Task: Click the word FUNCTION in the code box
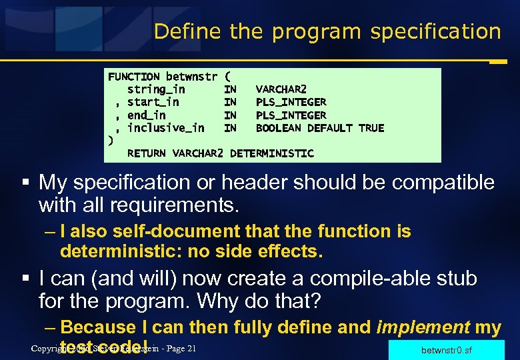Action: click(x=134, y=77)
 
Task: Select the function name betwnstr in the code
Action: click(x=191, y=77)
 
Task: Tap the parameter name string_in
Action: click(x=156, y=89)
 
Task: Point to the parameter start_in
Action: click(x=153, y=102)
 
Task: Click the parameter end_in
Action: click(x=146, y=115)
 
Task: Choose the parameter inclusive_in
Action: click(x=165, y=128)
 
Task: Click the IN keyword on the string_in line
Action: click(x=230, y=89)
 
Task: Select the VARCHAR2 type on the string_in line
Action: click(x=281, y=89)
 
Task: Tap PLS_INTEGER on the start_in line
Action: click(x=291, y=102)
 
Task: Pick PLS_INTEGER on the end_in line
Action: click(x=291, y=115)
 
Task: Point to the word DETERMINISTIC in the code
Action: click(x=271, y=153)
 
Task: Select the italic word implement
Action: click(x=425, y=327)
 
